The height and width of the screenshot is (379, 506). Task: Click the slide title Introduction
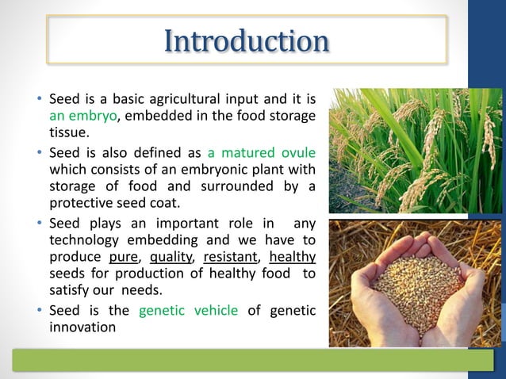click(x=246, y=40)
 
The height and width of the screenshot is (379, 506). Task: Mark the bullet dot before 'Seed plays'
click(x=40, y=224)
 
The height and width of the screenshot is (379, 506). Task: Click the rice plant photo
click(x=415, y=151)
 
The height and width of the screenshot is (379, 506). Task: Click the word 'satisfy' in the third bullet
click(x=73, y=291)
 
